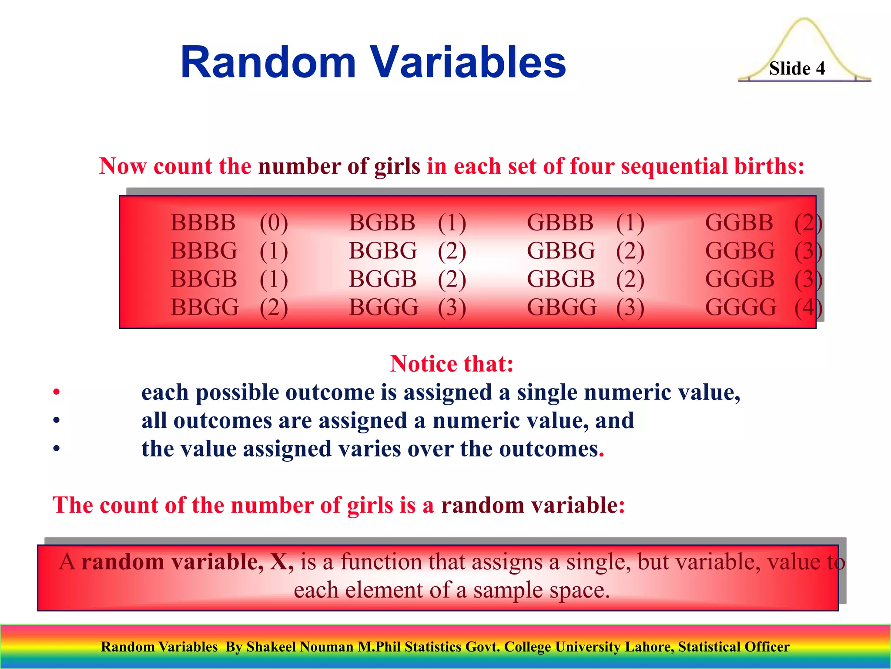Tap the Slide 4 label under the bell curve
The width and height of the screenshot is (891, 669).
coord(797,68)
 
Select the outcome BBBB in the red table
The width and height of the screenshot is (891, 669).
coord(203,223)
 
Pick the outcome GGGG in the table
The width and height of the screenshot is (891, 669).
coord(740,307)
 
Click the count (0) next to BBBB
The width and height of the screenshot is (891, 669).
coord(274,223)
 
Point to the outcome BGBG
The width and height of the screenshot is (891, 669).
coord(383,251)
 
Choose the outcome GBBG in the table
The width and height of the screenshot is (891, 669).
coord(561,251)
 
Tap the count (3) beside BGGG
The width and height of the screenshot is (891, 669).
coord(452,307)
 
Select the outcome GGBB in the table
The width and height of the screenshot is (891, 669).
coord(739,223)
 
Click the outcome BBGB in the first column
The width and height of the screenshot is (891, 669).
coord(204,279)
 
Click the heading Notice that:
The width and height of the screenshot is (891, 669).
coord(452,364)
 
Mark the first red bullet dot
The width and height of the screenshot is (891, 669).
coord(56,392)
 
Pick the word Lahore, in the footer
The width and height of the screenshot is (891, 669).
coord(649,647)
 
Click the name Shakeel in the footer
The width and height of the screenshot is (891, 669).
coord(271,647)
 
